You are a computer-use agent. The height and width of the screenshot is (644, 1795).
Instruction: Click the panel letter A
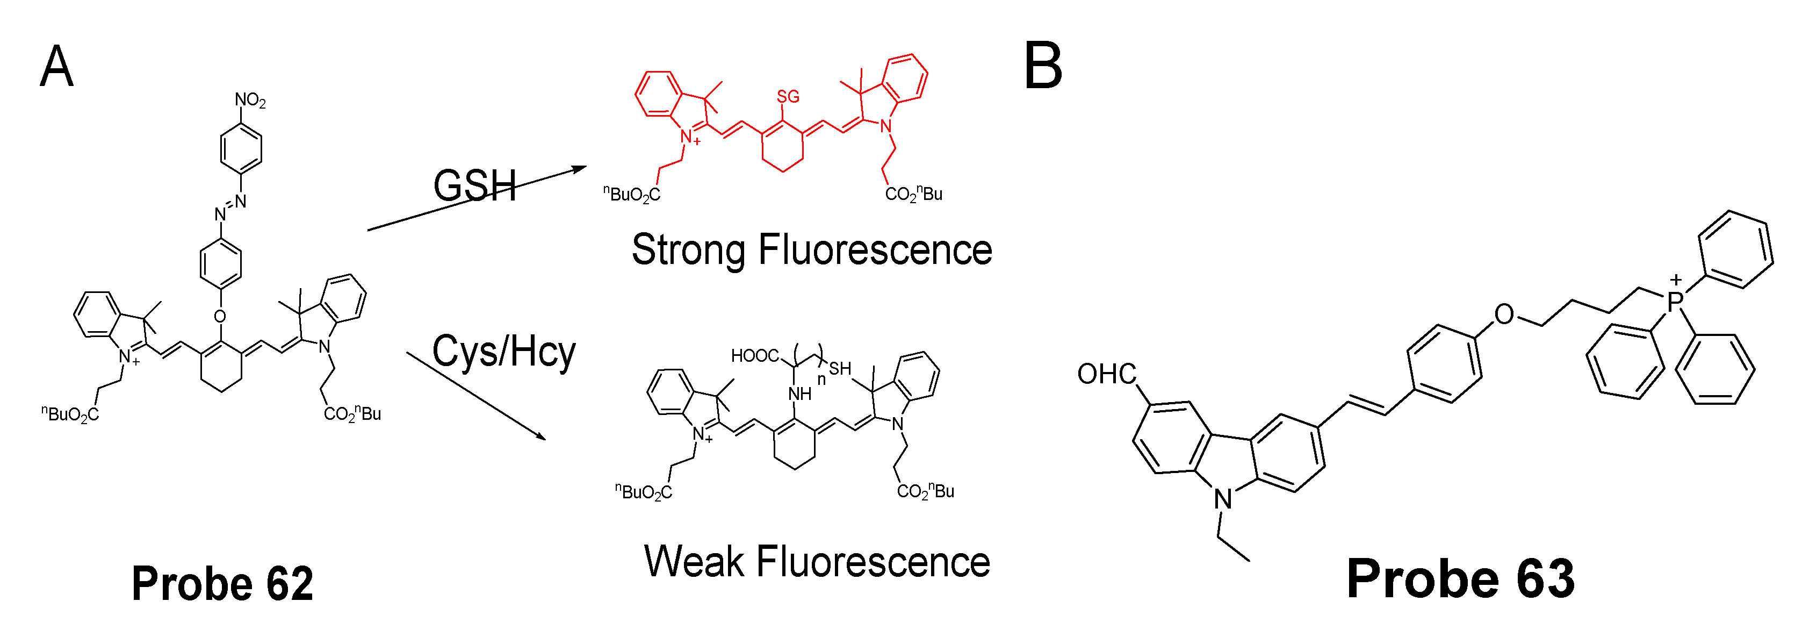[x=56, y=66]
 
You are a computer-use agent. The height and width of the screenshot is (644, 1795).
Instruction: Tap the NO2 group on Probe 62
[x=249, y=101]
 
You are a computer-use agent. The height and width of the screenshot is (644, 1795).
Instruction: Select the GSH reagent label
[x=474, y=186]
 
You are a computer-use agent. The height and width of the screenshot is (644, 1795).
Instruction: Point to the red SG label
[x=788, y=97]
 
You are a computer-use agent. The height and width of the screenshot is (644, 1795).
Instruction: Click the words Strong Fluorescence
[x=812, y=249]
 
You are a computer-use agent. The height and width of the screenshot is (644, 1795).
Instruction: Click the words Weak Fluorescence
[x=817, y=562]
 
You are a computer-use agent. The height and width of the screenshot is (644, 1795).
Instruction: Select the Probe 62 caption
[x=222, y=583]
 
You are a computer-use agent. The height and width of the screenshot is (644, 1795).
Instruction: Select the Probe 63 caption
[x=1460, y=579]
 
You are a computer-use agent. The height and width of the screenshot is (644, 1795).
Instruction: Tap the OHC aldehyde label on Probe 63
[x=1107, y=374]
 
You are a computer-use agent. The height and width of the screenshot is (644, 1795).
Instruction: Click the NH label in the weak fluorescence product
[x=800, y=395]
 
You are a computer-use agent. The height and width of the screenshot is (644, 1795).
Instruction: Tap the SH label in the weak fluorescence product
[x=840, y=368]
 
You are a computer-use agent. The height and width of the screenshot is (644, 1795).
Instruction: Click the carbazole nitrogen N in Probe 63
[x=1223, y=499]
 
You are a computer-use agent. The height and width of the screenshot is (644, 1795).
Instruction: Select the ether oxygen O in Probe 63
[x=1504, y=315]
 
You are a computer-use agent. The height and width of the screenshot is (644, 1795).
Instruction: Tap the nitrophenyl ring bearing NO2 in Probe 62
[x=241, y=148]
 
